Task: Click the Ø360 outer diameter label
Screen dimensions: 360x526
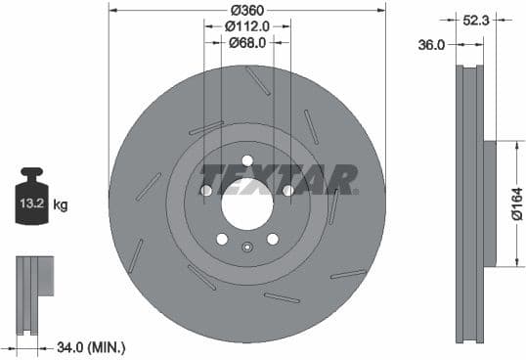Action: pyautogui.click(x=247, y=11)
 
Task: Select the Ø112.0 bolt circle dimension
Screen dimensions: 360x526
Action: pyautogui.click(x=247, y=26)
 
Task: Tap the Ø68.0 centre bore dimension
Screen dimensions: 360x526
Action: pyautogui.click(x=247, y=43)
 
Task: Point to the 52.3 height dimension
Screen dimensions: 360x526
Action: pyautogui.click(x=477, y=19)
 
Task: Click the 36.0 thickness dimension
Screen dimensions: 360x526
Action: pyautogui.click(x=432, y=44)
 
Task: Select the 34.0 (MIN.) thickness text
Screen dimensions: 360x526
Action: pyautogui.click(x=93, y=345)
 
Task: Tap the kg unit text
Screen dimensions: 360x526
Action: pyautogui.click(x=61, y=205)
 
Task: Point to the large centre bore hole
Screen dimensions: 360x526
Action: pyautogui.click(x=246, y=204)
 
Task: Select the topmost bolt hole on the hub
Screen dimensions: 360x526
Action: pyautogui.click(x=246, y=160)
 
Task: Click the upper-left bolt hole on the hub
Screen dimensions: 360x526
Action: pyautogui.click(x=206, y=190)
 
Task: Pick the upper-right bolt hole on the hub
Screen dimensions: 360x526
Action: pyautogui.click(x=287, y=190)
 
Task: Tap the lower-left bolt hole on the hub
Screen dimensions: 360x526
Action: pyautogui.click(x=222, y=239)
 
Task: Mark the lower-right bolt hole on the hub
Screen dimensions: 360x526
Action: pyautogui.click(x=272, y=239)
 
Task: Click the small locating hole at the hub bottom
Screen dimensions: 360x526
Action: pyautogui.click(x=247, y=247)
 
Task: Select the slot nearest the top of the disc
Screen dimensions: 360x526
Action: pyautogui.click(x=258, y=80)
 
